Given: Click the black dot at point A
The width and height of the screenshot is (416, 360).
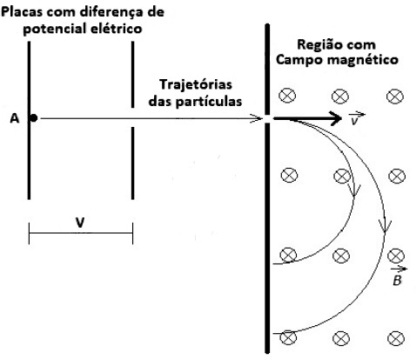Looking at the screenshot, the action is [34, 118].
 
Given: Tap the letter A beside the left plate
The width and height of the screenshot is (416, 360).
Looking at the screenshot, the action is [15, 118].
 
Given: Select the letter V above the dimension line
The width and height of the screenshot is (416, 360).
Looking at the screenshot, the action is [80, 223].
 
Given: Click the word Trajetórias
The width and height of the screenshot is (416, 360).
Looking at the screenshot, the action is [196, 84].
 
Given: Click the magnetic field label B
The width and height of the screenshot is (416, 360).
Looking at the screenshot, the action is [398, 277].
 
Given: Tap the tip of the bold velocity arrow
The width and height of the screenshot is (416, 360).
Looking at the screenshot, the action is [341, 118].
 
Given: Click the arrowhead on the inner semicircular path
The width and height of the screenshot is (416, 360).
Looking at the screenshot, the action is [354, 191].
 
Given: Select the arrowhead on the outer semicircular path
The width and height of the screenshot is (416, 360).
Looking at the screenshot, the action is [385, 227].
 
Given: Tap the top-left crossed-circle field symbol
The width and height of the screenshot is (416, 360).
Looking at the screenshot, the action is [287, 96].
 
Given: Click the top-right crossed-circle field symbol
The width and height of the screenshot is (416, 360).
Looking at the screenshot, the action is [395, 97].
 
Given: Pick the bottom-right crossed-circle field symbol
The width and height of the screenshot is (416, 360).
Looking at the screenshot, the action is [396, 338].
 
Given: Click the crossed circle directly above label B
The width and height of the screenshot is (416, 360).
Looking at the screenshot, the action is [396, 256].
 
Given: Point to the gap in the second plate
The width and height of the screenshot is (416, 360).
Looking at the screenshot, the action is [133, 117].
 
